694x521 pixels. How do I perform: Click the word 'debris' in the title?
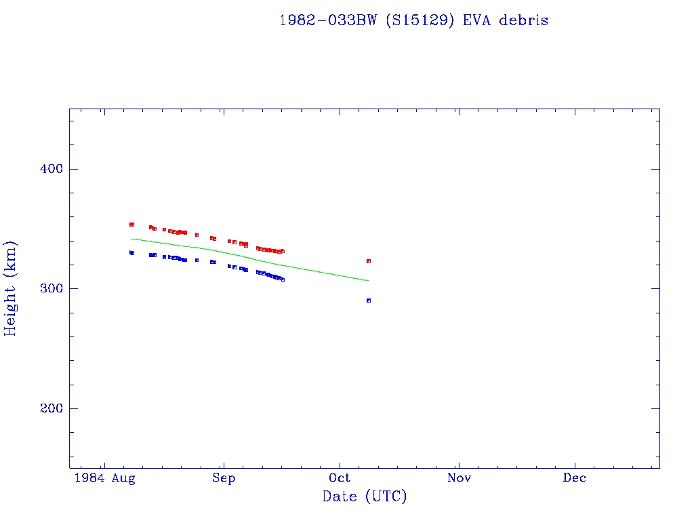(524, 20)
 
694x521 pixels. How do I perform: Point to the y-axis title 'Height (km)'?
(11, 288)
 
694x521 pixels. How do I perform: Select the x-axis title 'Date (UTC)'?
(365, 497)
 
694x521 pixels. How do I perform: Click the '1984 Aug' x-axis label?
(104, 478)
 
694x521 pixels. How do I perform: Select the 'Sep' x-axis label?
(223, 478)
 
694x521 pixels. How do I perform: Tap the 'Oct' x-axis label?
(340, 478)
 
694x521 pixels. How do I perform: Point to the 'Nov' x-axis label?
(459, 478)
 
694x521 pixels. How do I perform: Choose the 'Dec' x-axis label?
(575, 478)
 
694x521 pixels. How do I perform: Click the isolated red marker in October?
(369, 261)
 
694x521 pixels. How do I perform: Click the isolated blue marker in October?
(369, 301)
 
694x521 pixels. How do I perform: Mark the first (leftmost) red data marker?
(131, 225)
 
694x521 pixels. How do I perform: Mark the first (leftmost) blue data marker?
(131, 253)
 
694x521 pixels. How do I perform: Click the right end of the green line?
(369, 280)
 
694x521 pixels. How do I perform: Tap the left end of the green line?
(131, 239)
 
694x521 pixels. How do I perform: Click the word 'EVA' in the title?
(478, 20)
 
